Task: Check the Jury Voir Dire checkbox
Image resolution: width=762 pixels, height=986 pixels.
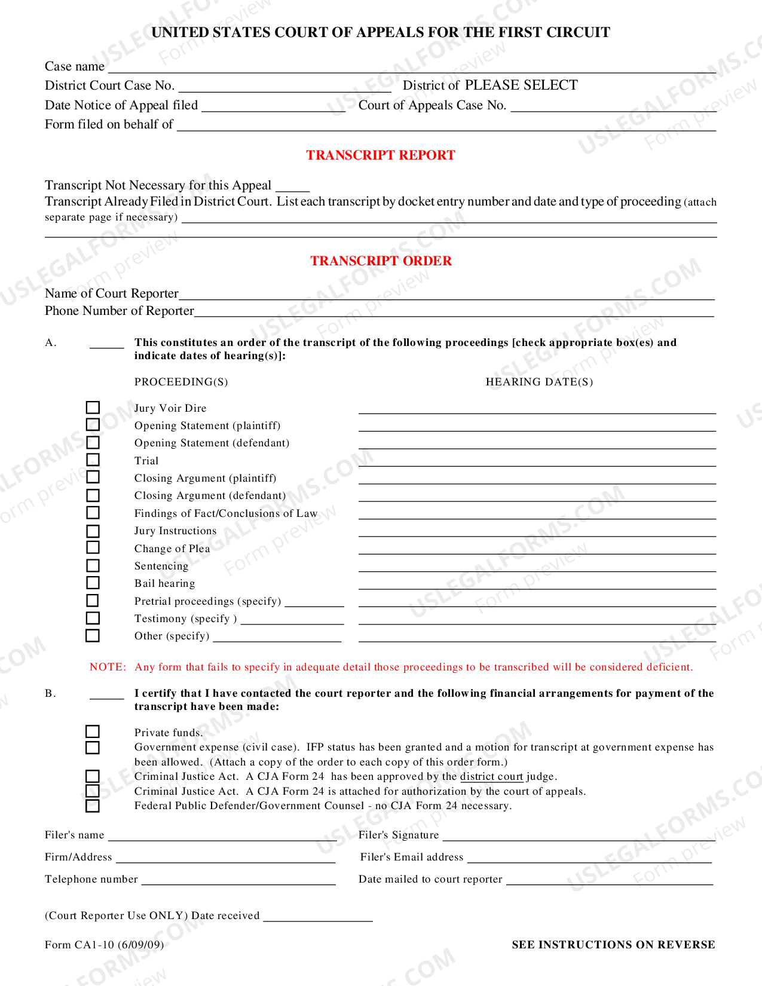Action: [93, 408]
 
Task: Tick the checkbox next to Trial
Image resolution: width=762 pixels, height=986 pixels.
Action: [93, 460]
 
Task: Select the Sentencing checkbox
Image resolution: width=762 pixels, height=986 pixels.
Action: [93, 565]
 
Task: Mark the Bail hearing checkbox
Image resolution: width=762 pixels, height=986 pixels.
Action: [93, 583]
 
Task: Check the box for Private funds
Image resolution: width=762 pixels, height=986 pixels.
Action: [92, 732]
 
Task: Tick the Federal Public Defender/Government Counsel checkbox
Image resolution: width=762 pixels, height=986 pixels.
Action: [92, 806]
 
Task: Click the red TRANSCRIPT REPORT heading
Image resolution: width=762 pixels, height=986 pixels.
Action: [381, 155]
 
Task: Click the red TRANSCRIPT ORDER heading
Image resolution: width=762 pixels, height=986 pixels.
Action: [381, 261]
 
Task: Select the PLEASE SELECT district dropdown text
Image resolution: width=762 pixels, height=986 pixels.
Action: [521, 85]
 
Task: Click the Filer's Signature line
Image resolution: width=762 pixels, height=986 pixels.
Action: [578, 836]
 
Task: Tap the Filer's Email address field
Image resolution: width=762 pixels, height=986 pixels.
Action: [589, 858]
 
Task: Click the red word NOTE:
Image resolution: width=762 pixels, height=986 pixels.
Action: [108, 667]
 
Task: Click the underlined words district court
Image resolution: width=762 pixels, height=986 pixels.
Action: [491, 776]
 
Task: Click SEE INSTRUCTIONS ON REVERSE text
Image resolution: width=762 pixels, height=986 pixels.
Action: [613, 945]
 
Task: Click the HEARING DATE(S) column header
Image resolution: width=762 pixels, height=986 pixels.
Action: [539, 382]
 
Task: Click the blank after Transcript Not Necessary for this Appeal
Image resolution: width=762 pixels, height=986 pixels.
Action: [292, 186]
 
